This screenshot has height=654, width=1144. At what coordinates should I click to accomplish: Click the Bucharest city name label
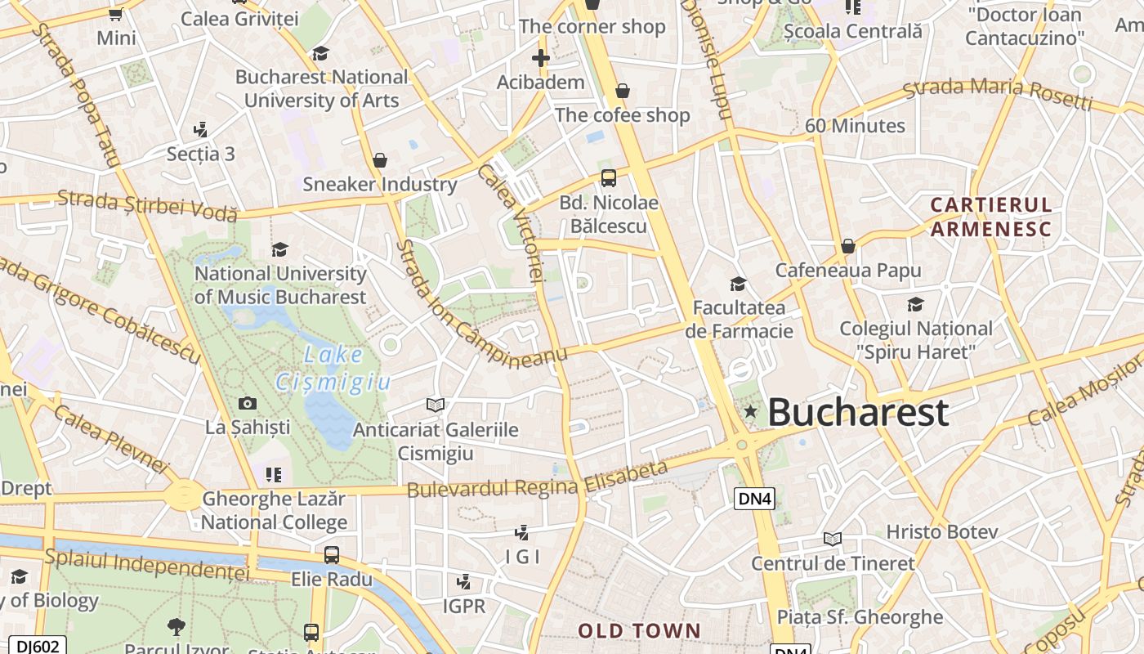point(858,412)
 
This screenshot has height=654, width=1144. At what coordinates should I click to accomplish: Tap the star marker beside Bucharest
point(750,411)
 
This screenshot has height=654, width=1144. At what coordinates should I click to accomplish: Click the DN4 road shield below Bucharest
point(753,499)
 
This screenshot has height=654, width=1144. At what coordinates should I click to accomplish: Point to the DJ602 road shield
point(38,646)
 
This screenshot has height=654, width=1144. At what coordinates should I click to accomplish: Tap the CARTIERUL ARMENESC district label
point(990,217)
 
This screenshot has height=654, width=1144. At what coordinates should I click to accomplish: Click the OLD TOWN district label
point(640,630)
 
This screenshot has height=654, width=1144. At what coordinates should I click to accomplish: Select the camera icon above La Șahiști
point(247,403)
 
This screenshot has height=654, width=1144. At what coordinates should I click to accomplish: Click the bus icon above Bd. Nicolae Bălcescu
point(608,178)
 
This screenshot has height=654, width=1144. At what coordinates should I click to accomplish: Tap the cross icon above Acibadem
point(540,58)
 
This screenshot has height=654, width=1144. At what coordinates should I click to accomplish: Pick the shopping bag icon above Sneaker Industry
point(379,160)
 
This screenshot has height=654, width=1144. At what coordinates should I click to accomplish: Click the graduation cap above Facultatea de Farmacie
point(738,284)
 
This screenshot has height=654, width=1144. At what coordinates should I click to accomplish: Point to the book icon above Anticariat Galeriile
point(436,405)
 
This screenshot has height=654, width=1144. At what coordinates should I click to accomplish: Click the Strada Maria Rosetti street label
point(998,94)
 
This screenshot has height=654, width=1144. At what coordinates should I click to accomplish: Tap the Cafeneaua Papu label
point(848,270)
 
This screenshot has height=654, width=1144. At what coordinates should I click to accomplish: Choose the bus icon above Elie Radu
point(332,555)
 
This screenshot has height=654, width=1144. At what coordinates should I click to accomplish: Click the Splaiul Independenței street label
point(147,564)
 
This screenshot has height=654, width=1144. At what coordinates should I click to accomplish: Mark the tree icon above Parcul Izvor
point(176,627)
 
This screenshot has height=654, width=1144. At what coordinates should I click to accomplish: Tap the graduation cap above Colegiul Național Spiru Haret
point(916,305)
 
